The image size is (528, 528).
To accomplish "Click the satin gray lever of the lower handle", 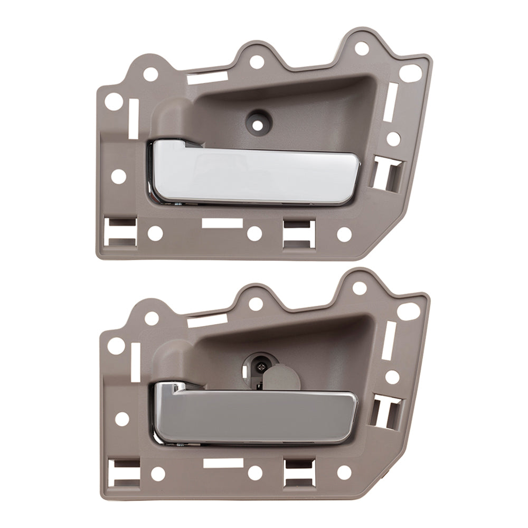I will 253,414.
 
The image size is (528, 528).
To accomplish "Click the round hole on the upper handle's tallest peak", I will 361,48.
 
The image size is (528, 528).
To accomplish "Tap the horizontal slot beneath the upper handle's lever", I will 222,223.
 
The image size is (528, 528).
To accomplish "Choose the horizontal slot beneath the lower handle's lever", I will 222,464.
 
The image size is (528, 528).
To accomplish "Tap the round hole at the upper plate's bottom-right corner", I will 344,233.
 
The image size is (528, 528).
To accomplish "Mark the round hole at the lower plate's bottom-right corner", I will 344,473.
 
